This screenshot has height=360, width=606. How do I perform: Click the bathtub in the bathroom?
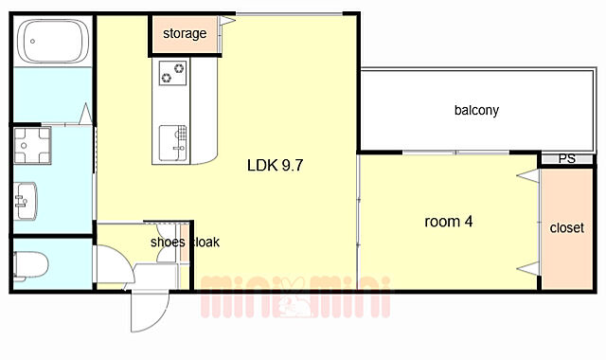tap(54, 41)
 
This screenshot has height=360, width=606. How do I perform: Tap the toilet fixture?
tap(30, 265)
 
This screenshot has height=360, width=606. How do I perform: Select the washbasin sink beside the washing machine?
tap(26, 201)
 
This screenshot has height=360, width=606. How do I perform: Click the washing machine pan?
tap(32, 145)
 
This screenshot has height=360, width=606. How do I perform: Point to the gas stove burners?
tap(172, 73)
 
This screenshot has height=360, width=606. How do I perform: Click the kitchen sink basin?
tap(172, 143)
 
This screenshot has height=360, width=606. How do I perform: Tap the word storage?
tap(185, 34)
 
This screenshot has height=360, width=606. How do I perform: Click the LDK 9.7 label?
tap(275, 166)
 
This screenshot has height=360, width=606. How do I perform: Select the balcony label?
tap(476, 110)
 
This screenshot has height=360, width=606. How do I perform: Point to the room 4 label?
tap(448, 222)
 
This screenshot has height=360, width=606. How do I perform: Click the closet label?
tap(566, 227)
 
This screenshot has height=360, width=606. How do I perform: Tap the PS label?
tap(566, 158)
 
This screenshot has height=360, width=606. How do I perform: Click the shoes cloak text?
tap(186, 243)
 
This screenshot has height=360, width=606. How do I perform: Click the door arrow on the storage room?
tap(227, 21)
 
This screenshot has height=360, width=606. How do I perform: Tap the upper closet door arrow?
tap(528, 176)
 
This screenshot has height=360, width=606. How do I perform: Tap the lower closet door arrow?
tap(528, 268)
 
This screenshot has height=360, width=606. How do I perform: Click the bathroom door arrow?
tap(86, 114)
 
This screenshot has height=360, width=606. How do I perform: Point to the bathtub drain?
tap(32, 41)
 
